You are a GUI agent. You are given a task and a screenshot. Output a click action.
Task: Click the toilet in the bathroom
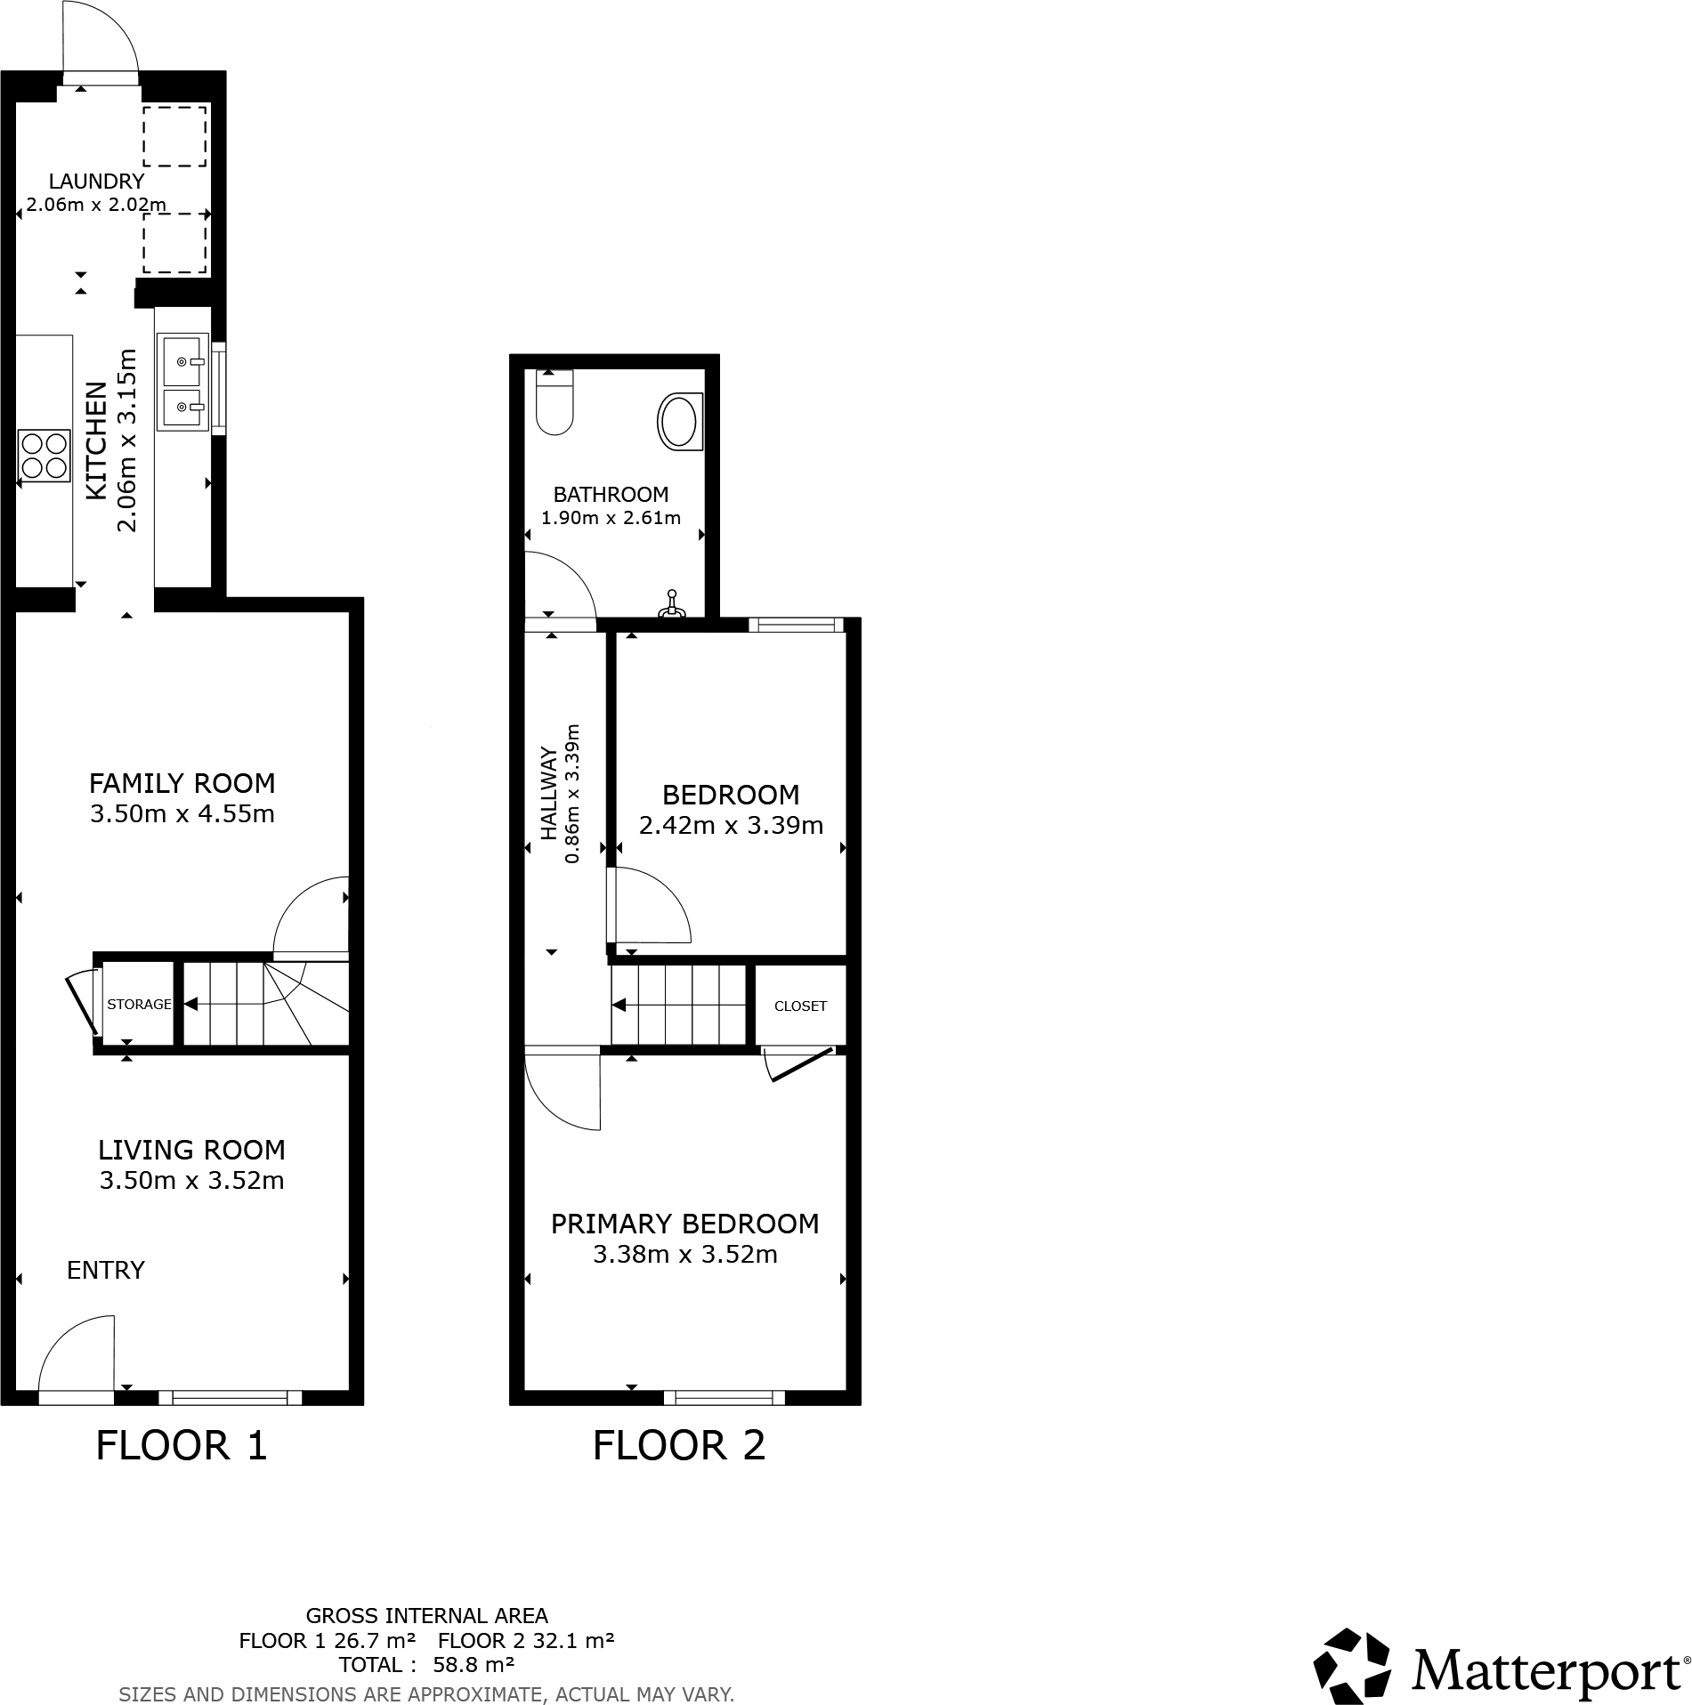(555, 403)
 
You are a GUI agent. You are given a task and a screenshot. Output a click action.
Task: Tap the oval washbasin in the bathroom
(680, 421)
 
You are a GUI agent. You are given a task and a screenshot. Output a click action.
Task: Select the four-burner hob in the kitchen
(45, 455)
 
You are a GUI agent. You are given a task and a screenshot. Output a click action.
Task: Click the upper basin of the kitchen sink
(183, 360)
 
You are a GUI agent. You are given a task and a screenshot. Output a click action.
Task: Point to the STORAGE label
(139, 1004)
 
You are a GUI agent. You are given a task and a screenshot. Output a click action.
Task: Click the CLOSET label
(800, 1006)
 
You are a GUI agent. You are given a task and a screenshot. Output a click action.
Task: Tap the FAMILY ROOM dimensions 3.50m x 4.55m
(182, 813)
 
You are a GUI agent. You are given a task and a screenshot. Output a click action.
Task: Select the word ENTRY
(105, 1270)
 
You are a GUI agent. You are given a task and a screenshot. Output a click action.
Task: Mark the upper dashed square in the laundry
(175, 136)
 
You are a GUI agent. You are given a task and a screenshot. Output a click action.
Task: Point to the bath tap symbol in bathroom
(671, 605)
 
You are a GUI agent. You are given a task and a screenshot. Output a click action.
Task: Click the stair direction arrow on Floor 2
(620, 1006)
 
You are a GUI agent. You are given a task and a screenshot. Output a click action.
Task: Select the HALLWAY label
(550, 794)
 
